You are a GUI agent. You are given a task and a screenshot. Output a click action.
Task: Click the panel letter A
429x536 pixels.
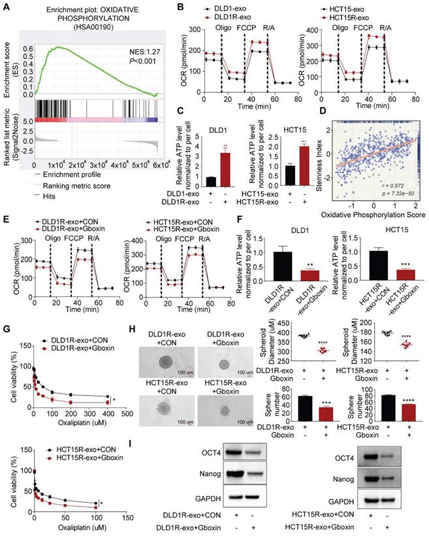7,8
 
